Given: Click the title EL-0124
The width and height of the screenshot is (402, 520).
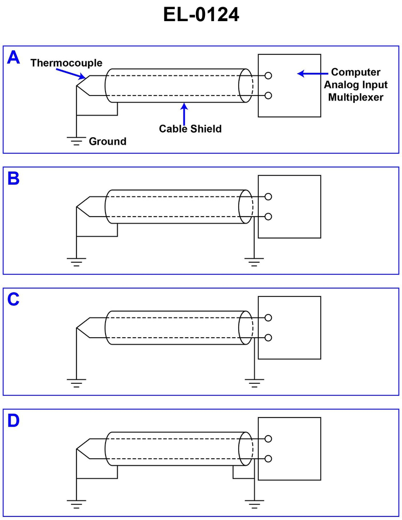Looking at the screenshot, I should (x=201, y=15).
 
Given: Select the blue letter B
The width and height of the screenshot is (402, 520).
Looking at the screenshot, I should (x=14, y=178).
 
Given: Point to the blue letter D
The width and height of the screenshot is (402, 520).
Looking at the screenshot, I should (x=14, y=421).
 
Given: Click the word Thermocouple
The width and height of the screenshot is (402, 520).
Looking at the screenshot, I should (x=66, y=63).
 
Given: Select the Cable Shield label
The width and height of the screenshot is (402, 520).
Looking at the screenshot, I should (x=190, y=129).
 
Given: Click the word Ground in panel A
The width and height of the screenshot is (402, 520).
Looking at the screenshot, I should (x=108, y=142).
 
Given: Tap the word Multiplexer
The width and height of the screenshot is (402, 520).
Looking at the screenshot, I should (x=356, y=97).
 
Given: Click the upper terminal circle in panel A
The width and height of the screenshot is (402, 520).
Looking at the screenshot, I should (x=268, y=75).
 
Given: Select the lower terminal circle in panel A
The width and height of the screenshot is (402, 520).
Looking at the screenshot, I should (x=268, y=95).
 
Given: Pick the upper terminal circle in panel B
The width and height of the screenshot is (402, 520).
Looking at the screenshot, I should (x=268, y=196).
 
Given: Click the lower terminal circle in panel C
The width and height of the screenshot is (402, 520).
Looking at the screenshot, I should (x=268, y=338).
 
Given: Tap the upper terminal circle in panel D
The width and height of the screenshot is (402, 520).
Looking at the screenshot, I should (x=268, y=439).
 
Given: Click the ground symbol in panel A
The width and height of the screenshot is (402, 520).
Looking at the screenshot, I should (x=76, y=140).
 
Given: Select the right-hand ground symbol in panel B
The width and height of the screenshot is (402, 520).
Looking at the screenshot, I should (x=255, y=261).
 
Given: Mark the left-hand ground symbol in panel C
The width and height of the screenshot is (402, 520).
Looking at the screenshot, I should (x=76, y=382).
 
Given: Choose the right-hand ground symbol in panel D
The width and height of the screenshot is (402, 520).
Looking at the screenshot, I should (x=255, y=503).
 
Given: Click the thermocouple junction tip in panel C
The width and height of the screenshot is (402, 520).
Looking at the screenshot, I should (x=76, y=328).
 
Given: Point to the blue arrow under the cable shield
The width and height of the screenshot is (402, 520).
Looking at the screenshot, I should (x=185, y=114).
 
